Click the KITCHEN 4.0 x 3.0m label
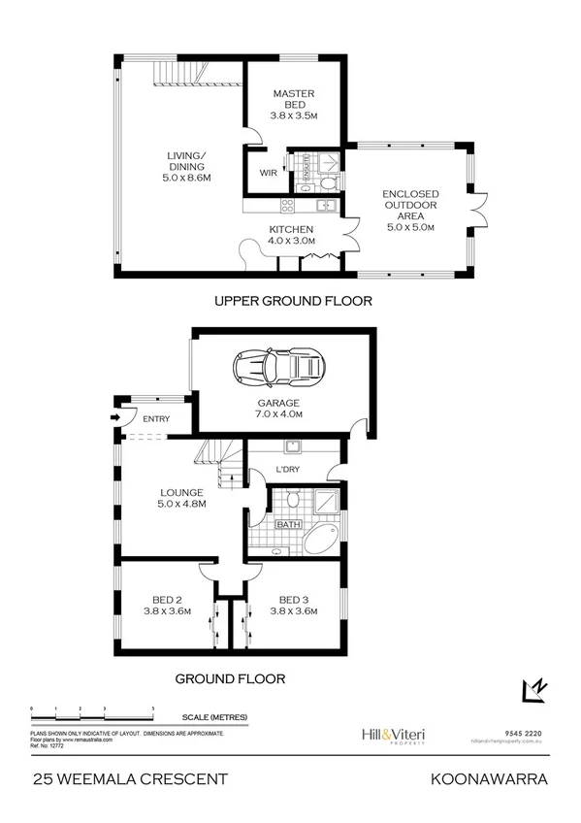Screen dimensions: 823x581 pos(291,235)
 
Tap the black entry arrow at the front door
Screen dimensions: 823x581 pos(116,418)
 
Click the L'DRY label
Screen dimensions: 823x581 pos(288,470)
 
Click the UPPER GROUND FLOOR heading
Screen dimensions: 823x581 pos(293,301)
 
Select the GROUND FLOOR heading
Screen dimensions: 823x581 pos(230,678)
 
